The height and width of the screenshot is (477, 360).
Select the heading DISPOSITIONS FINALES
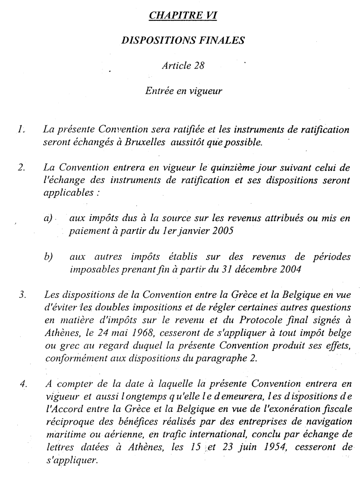pos(183,41)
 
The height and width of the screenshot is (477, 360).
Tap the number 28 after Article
pos(198,66)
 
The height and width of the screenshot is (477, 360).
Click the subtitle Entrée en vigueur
pos(183,91)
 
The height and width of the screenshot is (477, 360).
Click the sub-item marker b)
pos(48,257)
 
